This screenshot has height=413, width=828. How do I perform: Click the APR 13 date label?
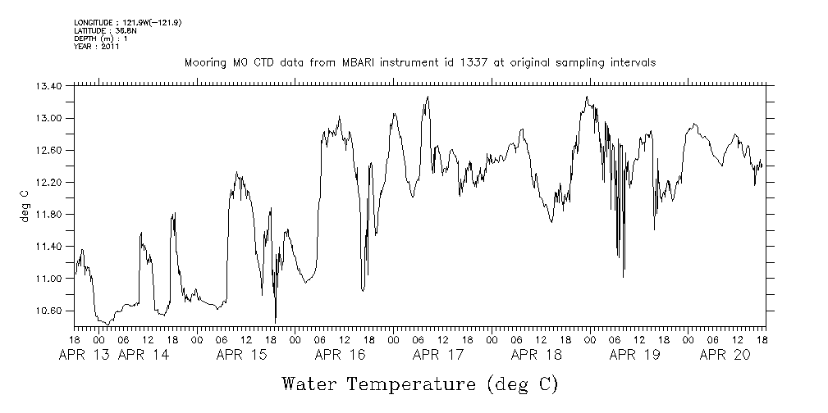coord(85,355)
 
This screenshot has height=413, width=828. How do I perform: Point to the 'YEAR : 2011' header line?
coord(97,47)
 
